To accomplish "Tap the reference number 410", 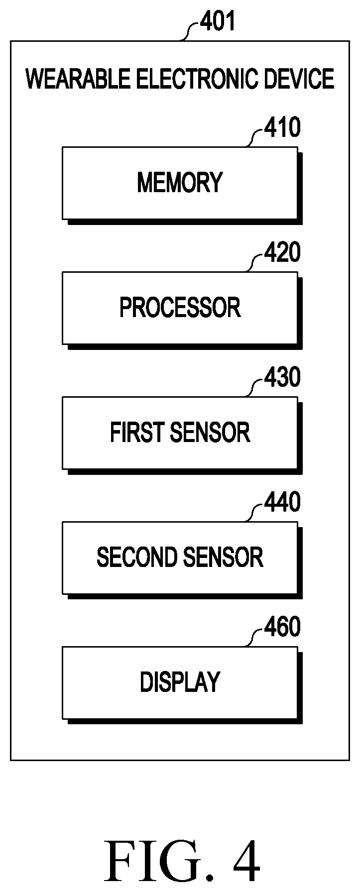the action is (282, 128).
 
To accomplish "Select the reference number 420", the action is (282, 253).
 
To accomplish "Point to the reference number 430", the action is (282, 378).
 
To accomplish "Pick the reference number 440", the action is (282, 503).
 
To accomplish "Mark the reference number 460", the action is (282, 628).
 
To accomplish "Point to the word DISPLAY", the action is (180, 682).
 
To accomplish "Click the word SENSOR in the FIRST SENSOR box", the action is (210, 432).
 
